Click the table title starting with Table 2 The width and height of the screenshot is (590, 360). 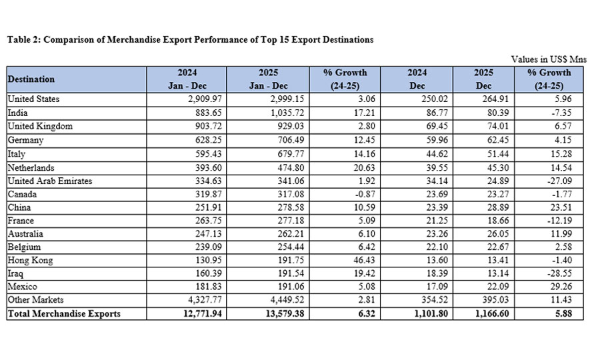click(x=190, y=40)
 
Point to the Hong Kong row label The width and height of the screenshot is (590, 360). click(x=30, y=260)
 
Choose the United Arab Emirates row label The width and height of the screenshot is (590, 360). click(x=51, y=180)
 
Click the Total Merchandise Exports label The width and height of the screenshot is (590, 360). click(x=64, y=314)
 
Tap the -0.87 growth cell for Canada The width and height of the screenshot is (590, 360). click(x=357, y=193)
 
